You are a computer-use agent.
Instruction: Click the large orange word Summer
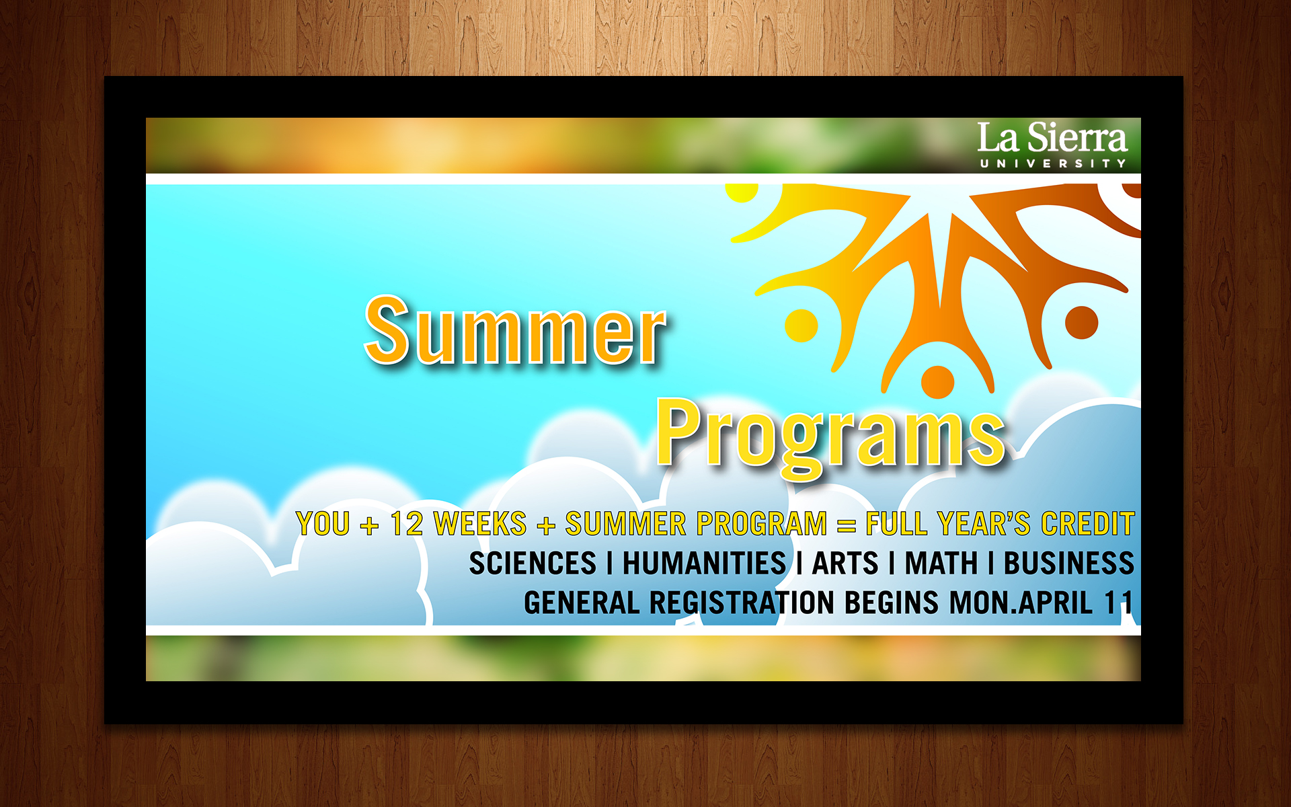pyautogui.click(x=514, y=331)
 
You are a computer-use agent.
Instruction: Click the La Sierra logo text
pyautogui.click(x=1052, y=138)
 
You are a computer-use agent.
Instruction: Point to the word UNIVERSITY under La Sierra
pyautogui.click(x=1052, y=163)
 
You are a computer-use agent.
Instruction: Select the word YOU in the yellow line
pyautogui.click(x=323, y=524)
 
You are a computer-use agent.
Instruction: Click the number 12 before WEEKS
pyautogui.click(x=407, y=524)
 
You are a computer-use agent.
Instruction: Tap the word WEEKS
pyautogui.click(x=480, y=524)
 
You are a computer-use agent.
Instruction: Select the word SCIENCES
pyautogui.click(x=533, y=564)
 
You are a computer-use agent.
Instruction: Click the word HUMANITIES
pyautogui.click(x=704, y=564)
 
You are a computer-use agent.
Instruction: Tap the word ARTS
pyautogui.click(x=845, y=564)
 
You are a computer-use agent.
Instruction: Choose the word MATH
pyautogui.click(x=941, y=564)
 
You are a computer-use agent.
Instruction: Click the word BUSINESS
pyautogui.click(x=1069, y=564)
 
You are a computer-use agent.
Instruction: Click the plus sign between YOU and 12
pyautogui.click(x=369, y=525)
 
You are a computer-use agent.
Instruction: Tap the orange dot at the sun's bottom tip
pyautogui.click(x=937, y=382)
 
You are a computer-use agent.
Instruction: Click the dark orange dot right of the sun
pyautogui.click(x=1081, y=322)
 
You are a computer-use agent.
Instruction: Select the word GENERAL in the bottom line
pyautogui.click(x=582, y=603)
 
